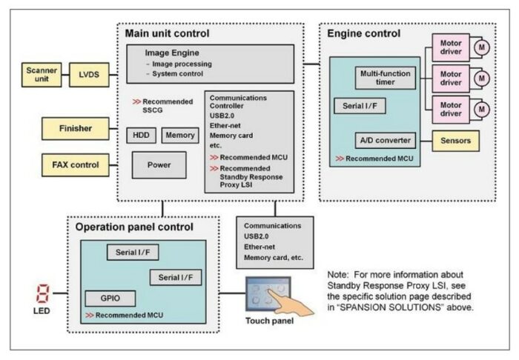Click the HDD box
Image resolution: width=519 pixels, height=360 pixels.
tap(141, 136)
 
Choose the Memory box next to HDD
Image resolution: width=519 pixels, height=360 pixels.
tap(179, 136)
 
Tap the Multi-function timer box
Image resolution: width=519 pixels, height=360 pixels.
tap(386, 79)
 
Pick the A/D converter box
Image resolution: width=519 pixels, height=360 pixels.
tap(384, 139)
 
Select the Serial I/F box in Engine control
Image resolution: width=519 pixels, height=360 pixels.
tap(359, 105)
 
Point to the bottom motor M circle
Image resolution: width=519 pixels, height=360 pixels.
tap(482, 109)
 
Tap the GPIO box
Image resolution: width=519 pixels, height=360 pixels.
tap(110, 299)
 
